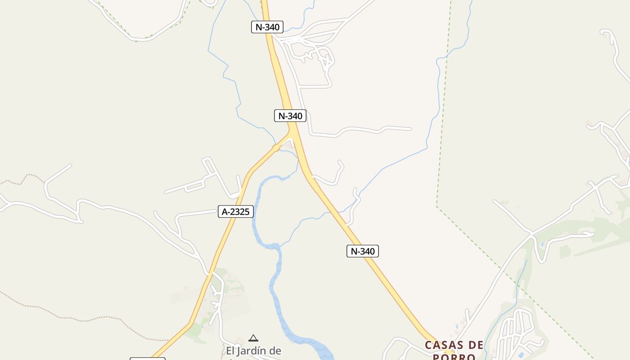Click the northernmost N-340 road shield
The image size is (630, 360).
tap(267, 27)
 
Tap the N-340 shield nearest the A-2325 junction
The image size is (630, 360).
tap(290, 116)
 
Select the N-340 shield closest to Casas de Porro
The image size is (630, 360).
tap(363, 251)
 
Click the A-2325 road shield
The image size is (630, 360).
tap(236, 211)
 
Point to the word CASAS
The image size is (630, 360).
tap(443, 346)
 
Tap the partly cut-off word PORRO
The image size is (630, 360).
tap(454, 357)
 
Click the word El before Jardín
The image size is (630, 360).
tap(230, 351)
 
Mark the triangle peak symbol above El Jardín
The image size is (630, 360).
tap(253, 338)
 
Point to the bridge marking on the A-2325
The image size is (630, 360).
tap(276, 147)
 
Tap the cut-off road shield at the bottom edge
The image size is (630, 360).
tap(148, 359)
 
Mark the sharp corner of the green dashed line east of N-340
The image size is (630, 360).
tap(437, 207)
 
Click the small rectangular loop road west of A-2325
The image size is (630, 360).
tap(195, 186)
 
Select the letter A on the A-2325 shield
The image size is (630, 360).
tap(224, 211)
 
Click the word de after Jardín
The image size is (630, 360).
tap(276, 351)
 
